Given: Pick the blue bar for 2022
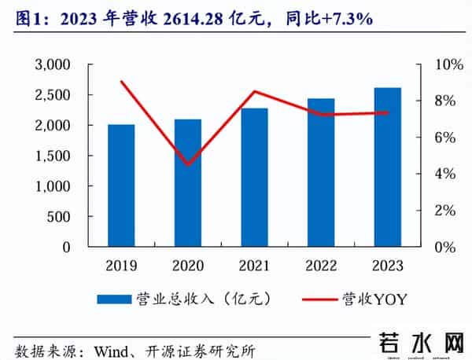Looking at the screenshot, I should (x=321, y=173).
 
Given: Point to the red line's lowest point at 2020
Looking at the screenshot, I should (x=187, y=164).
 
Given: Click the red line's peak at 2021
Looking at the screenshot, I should (x=254, y=92).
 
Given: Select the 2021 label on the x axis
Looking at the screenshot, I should (x=254, y=265).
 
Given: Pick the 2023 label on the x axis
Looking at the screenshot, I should (x=387, y=265).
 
